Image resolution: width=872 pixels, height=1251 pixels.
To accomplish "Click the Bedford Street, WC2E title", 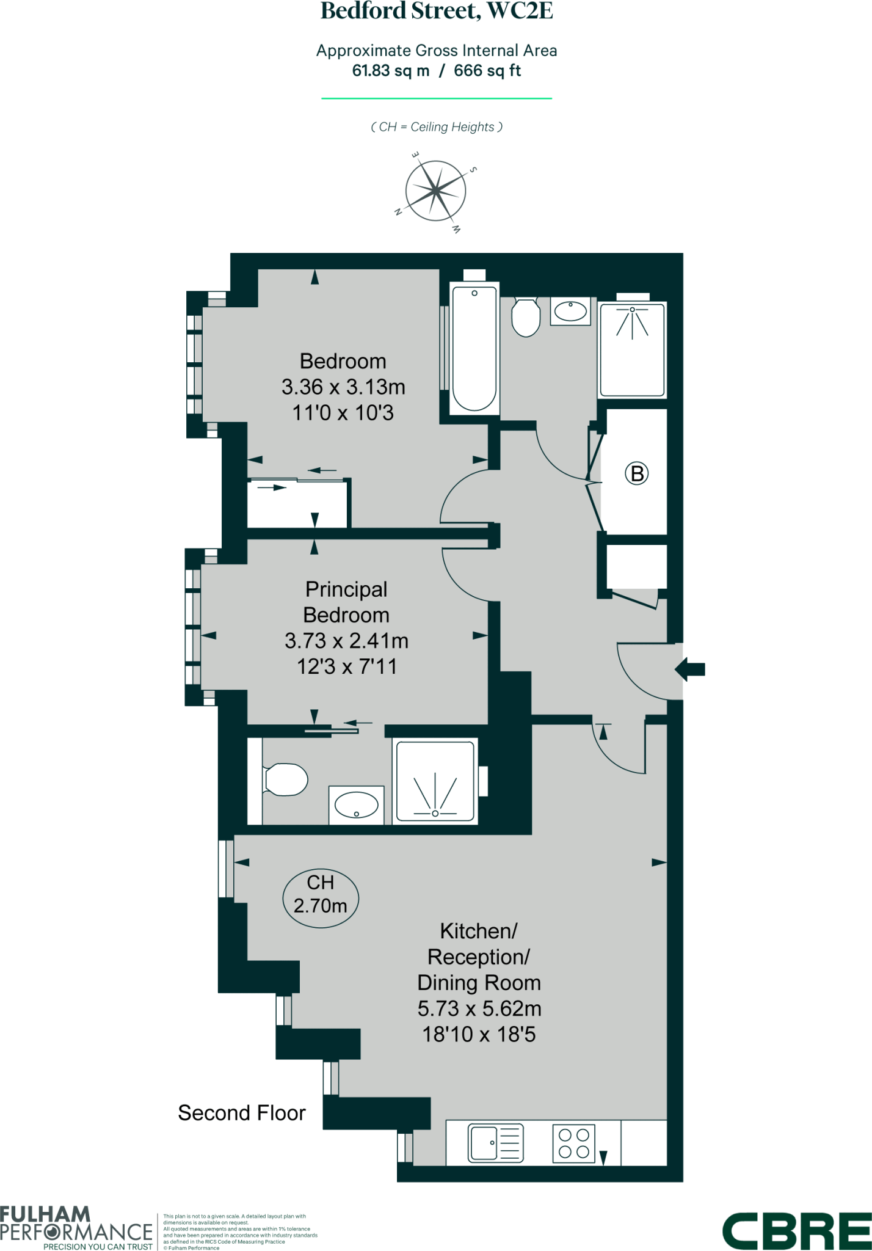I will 436,12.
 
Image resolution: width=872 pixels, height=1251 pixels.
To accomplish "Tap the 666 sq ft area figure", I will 487,71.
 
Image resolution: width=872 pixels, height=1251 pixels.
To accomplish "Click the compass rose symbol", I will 435,191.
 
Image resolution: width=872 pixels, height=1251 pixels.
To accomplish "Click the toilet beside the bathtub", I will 525,317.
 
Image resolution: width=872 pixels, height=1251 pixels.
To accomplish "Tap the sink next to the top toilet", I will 570,312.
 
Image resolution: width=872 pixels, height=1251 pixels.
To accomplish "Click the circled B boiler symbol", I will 636,473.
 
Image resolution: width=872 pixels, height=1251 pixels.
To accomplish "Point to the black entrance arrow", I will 690,669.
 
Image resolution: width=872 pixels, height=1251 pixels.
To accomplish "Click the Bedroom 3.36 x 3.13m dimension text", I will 343,387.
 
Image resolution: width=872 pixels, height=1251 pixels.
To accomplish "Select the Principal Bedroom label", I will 346,602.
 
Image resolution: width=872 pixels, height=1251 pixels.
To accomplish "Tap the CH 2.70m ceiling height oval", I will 321,894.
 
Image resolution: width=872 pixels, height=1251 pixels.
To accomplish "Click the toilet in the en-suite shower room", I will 286,780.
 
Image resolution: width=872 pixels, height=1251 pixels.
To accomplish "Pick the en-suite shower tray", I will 435,781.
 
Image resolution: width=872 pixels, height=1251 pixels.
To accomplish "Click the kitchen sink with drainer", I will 496,1143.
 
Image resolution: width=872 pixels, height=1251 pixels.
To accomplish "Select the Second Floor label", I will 242,1114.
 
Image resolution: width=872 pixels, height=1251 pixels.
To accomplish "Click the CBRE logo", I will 796,1231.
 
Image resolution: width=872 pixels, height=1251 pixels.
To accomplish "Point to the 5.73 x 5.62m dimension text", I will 479,1008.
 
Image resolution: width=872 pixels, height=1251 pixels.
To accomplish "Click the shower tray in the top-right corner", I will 632,350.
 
